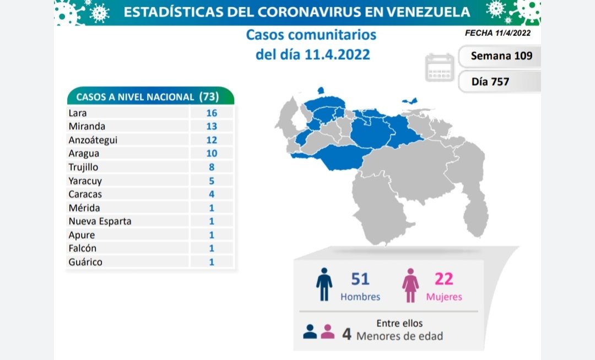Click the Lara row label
point(78,113)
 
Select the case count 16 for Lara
point(212,113)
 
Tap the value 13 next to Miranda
point(212,127)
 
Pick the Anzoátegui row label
point(93,140)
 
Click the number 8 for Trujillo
point(212,167)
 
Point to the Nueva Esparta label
point(100,221)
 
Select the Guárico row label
point(85,262)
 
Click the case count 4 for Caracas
point(212,194)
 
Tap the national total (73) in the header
point(209,97)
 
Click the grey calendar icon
point(440,68)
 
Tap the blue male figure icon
point(324,284)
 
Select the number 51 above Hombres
point(360,279)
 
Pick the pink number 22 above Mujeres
point(443,279)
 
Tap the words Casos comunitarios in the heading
point(311,35)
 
